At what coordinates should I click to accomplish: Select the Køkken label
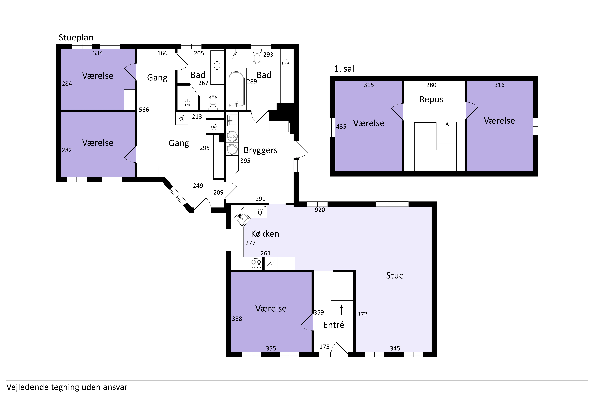coord(265,234)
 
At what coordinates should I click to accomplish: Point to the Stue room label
coord(395,276)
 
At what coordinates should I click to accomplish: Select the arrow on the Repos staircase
coord(447,127)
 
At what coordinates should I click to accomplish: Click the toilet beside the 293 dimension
coord(257,56)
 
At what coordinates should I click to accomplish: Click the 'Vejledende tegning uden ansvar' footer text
coord(67,387)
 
